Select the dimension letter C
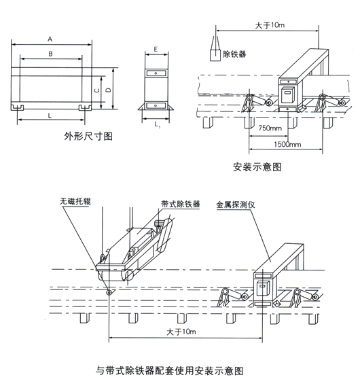(x=97, y=88)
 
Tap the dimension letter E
(x=156, y=50)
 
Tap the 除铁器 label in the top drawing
(x=234, y=54)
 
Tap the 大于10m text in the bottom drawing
(x=178, y=332)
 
